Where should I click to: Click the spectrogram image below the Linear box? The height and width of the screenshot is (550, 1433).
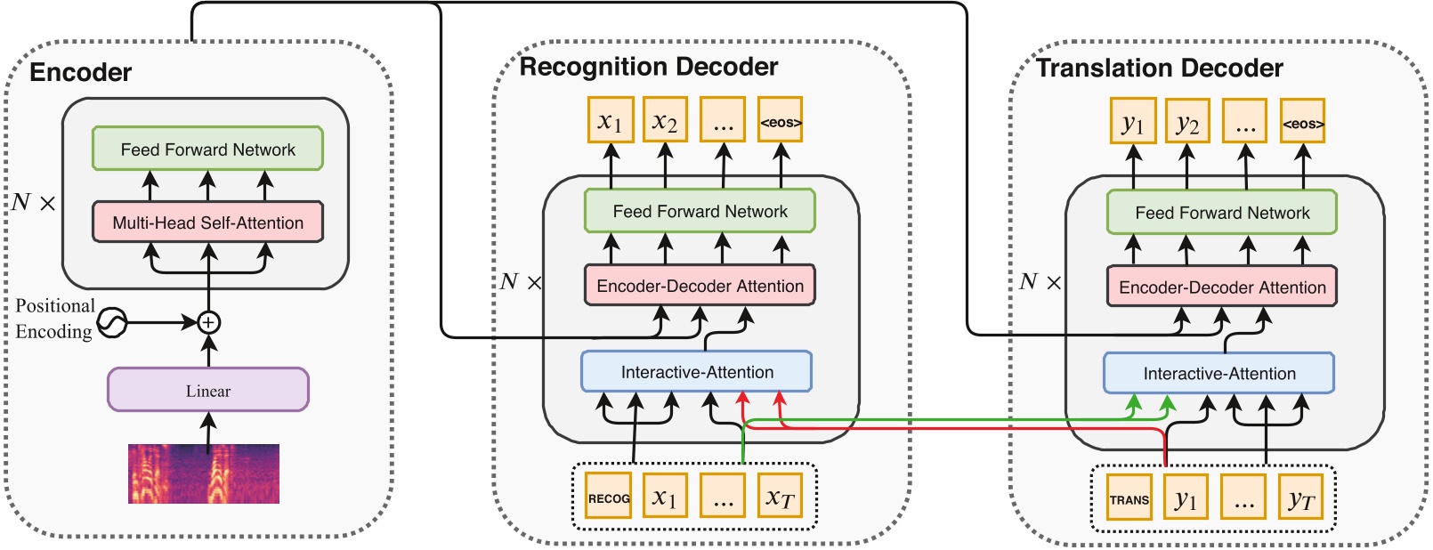pos(203,473)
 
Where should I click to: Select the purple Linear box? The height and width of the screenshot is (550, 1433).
pos(207,390)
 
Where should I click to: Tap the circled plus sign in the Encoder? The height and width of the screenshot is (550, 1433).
pos(208,322)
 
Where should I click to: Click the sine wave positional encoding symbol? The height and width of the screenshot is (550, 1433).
pos(112,322)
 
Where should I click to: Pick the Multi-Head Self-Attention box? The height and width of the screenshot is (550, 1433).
pos(207,222)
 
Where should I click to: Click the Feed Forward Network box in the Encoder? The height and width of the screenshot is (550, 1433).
pos(207,150)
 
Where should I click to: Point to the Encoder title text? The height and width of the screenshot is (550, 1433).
pos(80,72)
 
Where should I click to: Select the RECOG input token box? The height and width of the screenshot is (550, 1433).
pos(609,497)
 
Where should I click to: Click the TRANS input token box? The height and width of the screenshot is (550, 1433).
pos(1129,499)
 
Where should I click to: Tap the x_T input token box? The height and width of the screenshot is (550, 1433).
pos(780,497)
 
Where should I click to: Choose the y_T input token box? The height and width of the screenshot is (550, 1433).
pos(1301,499)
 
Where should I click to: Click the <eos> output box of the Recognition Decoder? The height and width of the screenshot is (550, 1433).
pos(781,121)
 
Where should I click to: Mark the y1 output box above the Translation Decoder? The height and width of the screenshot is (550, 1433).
pos(1132,122)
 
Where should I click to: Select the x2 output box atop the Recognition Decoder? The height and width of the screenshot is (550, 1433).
pos(665,121)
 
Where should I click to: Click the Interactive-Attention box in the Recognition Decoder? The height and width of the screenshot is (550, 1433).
pos(696,372)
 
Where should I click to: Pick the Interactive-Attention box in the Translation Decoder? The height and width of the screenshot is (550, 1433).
pos(1218,374)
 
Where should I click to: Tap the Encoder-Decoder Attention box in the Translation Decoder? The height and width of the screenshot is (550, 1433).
pos(1221,287)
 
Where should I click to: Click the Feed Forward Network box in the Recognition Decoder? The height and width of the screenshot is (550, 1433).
pos(700,212)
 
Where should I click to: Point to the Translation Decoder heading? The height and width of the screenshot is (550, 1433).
pos(1159,69)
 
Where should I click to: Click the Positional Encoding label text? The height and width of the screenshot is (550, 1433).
pos(54,319)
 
